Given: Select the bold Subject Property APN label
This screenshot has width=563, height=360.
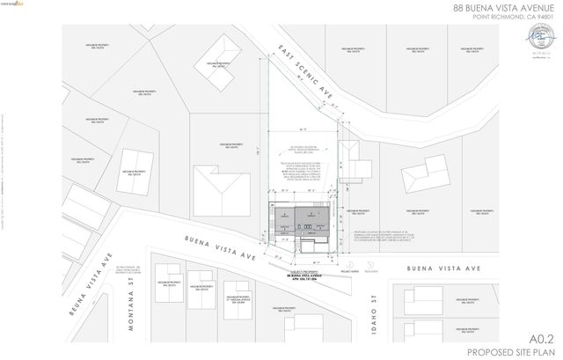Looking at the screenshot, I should point(299,276).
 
